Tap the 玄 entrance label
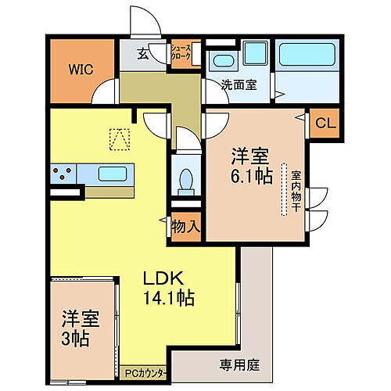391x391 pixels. (144, 54)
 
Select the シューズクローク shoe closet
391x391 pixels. (181, 53)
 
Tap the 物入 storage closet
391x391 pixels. (187, 228)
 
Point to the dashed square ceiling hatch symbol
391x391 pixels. (118, 138)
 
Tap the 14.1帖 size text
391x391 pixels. (168, 297)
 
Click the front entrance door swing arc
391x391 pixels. (147, 20)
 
